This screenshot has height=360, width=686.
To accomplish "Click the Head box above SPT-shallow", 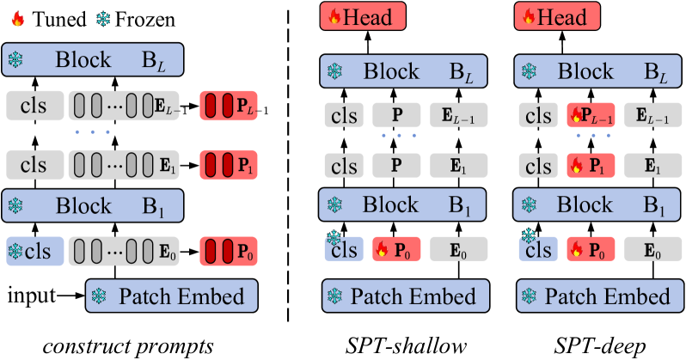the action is tap(363, 16).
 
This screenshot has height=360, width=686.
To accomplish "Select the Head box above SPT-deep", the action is tap(557, 16).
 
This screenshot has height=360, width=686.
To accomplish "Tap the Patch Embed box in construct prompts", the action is tap(172, 296).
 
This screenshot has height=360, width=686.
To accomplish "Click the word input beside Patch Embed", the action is tap(32, 296).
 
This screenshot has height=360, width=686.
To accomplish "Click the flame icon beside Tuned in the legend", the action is tap(17, 19).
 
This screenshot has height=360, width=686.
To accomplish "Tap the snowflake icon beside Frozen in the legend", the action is tap(104, 19).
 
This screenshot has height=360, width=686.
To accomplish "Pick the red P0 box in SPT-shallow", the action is tap(396, 249).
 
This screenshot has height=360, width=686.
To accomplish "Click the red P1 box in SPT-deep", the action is tap(591, 166).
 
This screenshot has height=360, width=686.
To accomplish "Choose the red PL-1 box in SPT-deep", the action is tap(591, 115).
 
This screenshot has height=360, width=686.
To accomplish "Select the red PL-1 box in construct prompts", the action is tap(229, 106).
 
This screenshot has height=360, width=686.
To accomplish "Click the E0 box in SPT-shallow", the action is tap(458, 249).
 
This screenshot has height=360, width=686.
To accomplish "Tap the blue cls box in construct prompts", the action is tap(35, 251).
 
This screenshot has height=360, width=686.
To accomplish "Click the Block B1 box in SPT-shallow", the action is tap(402, 204).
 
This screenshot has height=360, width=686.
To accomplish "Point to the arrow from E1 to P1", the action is tap(189, 166).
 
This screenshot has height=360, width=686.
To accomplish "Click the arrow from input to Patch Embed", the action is tap(70, 296).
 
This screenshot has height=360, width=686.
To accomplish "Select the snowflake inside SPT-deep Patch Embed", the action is tap(530, 296).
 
